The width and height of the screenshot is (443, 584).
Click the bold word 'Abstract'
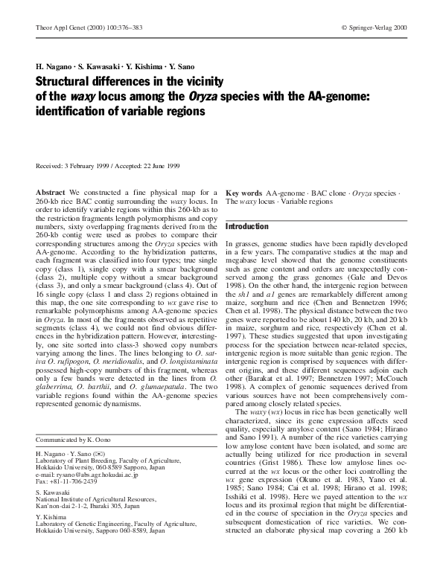click(51, 193)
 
